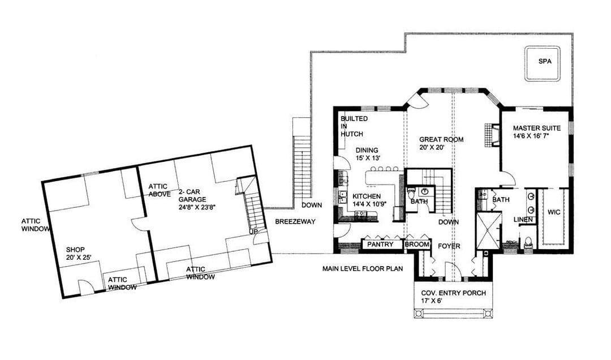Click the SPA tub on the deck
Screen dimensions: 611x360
click(542, 63)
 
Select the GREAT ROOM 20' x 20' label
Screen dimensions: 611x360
click(441, 143)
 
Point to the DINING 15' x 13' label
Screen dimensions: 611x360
click(367, 153)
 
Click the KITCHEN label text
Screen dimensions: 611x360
click(367, 196)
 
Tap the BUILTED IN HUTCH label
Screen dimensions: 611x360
click(354, 126)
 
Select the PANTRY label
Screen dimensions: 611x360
click(380, 244)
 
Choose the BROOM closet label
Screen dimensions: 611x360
click(417, 245)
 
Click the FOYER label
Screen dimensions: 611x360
click(449, 246)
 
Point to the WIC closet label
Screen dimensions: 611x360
click(554, 212)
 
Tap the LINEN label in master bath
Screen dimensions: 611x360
click(523, 220)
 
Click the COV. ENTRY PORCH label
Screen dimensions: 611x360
click(454, 297)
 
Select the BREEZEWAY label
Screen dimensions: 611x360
click(295, 221)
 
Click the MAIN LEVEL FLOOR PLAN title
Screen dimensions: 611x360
click(363, 268)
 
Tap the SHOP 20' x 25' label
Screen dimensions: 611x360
click(78, 253)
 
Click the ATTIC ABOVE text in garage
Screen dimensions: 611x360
click(160, 190)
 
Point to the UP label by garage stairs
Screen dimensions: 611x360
click(253, 232)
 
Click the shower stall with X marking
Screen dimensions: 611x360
click(489, 230)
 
